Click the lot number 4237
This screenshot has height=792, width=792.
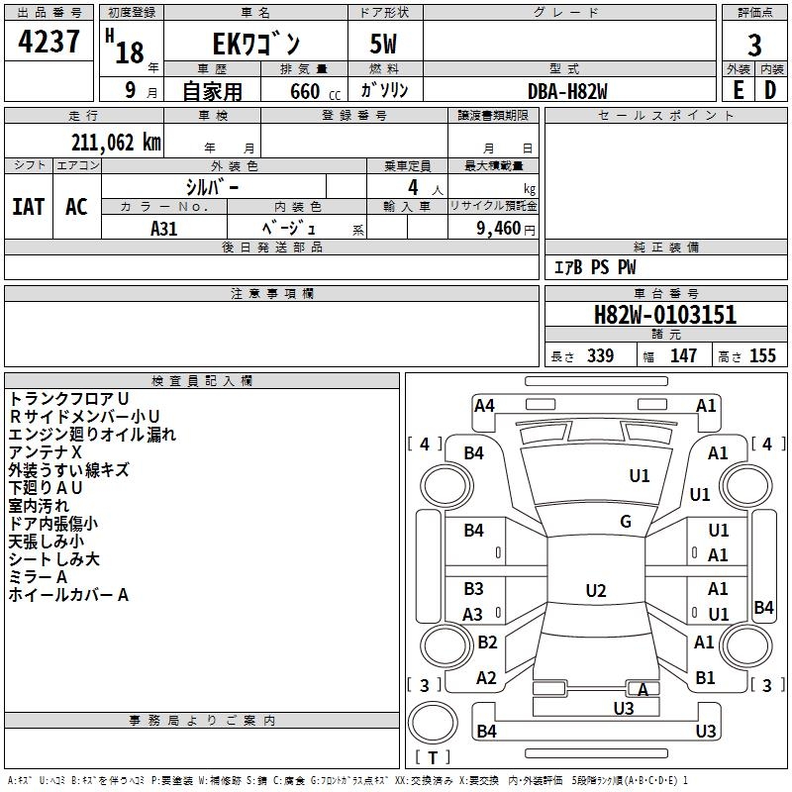point(49,42)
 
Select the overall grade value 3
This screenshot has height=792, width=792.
point(754,45)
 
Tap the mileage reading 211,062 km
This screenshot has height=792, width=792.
point(116,143)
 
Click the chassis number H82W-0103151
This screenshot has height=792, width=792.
point(665,315)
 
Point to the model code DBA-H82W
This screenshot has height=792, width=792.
point(567,91)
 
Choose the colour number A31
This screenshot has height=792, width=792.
point(163,229)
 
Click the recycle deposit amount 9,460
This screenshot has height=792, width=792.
point(499,229)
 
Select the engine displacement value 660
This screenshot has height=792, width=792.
point(305,91)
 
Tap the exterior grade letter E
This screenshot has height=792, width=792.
point(738,90)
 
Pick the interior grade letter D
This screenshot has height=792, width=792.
point(770,90)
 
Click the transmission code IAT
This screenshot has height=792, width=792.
point(29,207)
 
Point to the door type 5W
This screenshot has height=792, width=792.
point(383,44)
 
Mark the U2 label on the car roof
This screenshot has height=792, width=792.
point(596,590)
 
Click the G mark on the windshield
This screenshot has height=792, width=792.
point(626,522)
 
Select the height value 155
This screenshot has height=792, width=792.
point(762,355)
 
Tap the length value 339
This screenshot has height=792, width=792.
point(600,355)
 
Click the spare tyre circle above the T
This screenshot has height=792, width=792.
point(433,723)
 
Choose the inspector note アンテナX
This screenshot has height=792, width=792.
point(45,452)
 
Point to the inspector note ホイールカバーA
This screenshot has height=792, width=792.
point(68,595)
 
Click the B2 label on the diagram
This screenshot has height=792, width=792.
point(487,642)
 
